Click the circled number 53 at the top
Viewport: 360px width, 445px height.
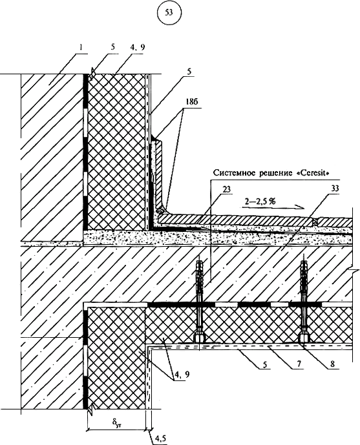(169, 13)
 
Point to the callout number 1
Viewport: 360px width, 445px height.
(81, 48)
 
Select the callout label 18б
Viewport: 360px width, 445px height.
(192, 103)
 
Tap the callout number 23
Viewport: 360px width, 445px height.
(226, 189)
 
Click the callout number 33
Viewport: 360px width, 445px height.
(335, 189)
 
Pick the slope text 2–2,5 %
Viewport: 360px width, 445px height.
(260, 202)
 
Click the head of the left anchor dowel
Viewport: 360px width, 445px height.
(199, 338)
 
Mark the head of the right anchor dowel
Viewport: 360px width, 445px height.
(305, 338)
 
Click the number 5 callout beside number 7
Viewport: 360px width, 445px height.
(265, 364)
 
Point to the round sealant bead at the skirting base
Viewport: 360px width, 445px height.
(160, 211)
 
